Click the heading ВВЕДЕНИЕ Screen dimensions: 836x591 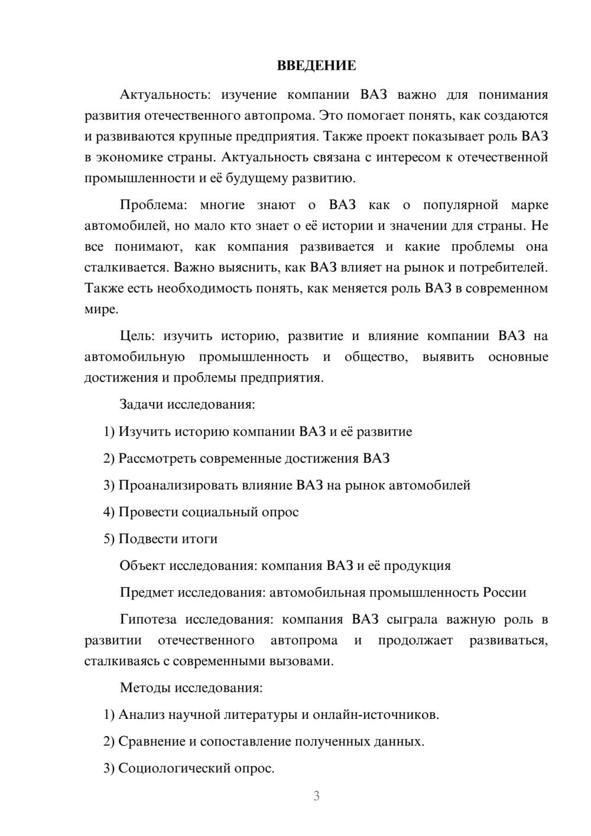pos(316,66)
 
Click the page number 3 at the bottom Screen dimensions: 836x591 pos(316,796)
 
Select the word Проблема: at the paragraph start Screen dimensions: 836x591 pos(153,205)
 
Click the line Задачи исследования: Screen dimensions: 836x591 pos(187,404)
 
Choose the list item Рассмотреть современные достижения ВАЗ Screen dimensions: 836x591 pos(254,458)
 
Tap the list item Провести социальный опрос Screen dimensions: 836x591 pos(208,512)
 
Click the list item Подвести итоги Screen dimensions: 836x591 pos(168,539)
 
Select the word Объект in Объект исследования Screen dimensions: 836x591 pos(142,566)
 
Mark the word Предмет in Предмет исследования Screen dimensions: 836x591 pos(147,592)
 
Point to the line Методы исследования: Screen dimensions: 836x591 pos(191,688)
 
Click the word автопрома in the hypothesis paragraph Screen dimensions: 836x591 pos(304,640)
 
